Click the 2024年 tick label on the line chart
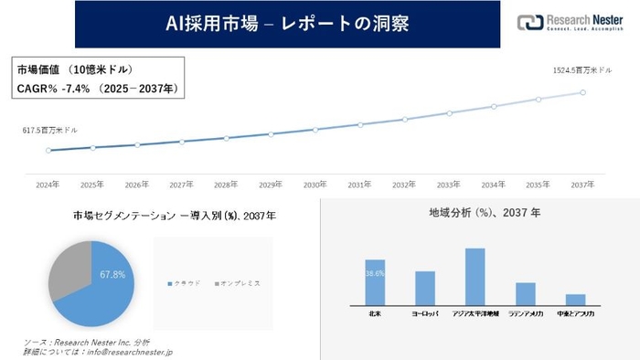(x=48, y=185)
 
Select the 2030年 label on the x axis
(x=315, y=185)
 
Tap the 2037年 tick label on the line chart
(x=582, y=185)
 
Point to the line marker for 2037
(x=582, y=91)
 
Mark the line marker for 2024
(x=48, y=150)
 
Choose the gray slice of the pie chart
(x=66, y=270)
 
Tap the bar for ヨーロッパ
(x=424, y=288)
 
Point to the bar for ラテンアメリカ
(x=525, y=293)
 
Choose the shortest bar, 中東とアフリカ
(x=575, y=300)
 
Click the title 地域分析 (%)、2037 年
(x=485, y=213)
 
